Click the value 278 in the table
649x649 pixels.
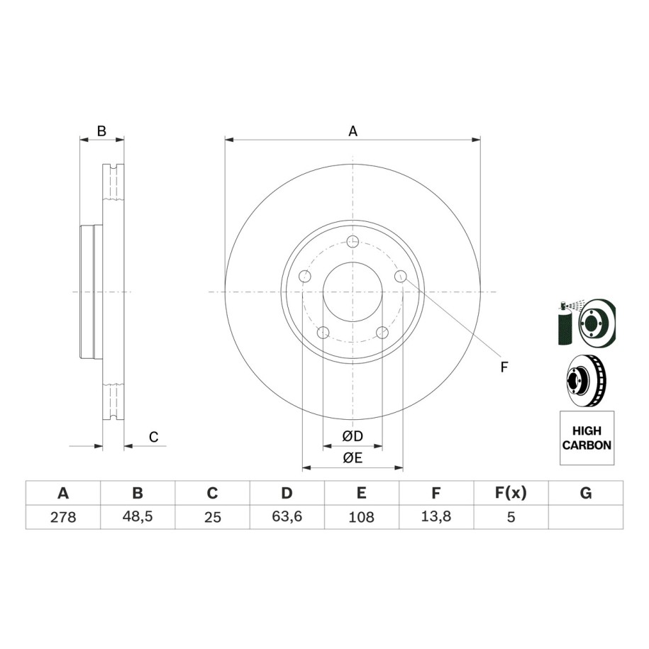pos(63,517)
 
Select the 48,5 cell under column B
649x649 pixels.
pos(138,516)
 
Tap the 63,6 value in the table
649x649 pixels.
pos(287,516)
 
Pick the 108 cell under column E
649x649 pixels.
pos(361,517)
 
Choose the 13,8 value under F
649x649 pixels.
pos(436,516)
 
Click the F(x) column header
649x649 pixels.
pos(511,494)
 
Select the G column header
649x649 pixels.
pos(586,494)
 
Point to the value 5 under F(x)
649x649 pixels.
pos(511,517)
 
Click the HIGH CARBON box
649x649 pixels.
pos(587,438)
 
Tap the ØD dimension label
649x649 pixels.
pos(353,436)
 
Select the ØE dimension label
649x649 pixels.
pos(353,457)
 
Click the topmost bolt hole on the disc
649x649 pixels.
pos(353,241)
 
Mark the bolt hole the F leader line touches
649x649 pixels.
pos(400,276)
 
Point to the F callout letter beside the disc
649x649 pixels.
pos(504,367)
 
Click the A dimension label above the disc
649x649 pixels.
pos(353,131)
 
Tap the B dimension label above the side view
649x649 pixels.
pos(101,131)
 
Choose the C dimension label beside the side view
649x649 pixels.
pos(153,437)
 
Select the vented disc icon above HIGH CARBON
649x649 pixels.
pos(587,380)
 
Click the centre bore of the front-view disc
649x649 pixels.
pos(353,292)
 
